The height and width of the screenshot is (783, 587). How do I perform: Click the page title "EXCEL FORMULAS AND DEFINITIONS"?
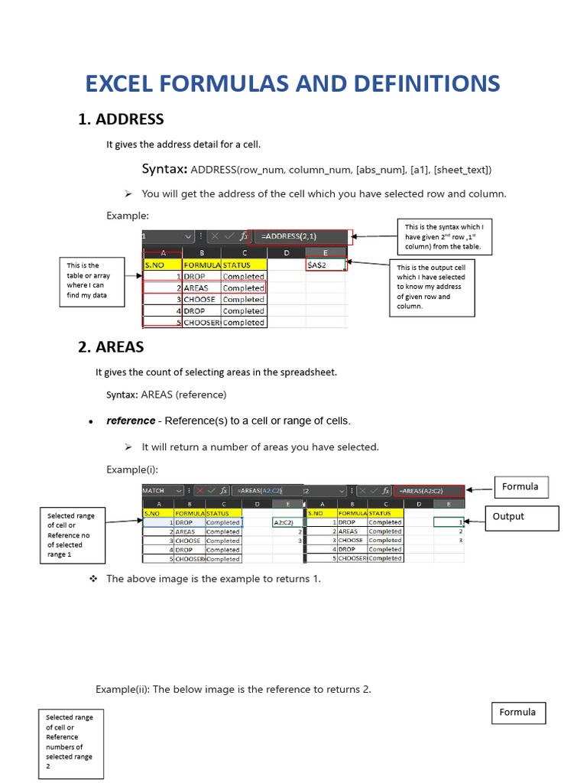293,83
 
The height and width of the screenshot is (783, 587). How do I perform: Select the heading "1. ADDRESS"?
121,119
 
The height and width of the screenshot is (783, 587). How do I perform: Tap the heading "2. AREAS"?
111,347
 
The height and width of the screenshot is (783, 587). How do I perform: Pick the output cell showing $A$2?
325,265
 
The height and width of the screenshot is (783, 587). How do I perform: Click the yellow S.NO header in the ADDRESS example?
162,265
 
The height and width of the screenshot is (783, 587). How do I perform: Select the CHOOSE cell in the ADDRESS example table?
201,300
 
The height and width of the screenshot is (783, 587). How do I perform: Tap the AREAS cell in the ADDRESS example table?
200,288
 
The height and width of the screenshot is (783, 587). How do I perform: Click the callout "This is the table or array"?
92,281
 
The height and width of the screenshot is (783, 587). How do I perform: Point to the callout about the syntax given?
444,236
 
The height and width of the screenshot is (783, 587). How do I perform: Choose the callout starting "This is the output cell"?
432,286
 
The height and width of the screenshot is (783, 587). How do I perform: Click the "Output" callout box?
523,517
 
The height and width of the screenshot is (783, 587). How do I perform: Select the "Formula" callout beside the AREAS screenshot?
521,487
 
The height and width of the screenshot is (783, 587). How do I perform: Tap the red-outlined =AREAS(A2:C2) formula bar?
430,490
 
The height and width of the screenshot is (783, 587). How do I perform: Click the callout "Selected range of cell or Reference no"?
71,535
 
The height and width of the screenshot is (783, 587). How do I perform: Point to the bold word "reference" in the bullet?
131,421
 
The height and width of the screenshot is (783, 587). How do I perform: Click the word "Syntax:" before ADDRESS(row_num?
164,169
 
